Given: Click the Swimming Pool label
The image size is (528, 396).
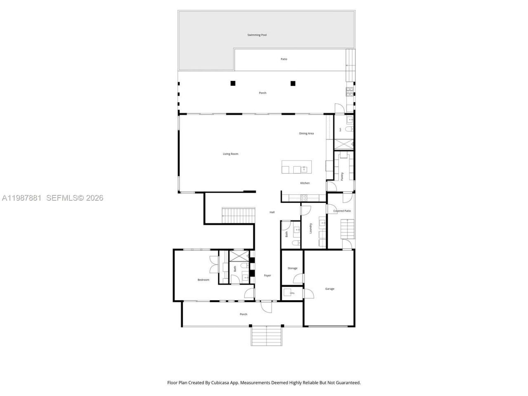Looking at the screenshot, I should pyautogui.click(x=257, y=35).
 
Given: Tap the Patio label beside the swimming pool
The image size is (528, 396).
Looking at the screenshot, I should pyautogui.click(x=284, y=59).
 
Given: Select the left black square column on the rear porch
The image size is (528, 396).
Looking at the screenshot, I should pyautogui.click(x=233, y=83).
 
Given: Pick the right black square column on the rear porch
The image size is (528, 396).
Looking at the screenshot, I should pyautogui.click(x=293, y=83).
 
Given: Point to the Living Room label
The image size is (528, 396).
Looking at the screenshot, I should pyautogui.click(x=231, y=154).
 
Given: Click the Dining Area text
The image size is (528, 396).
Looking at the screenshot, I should pyautogui.click(x=306, y=133).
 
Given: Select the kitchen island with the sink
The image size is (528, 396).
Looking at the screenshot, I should pyautogui.click(x=297, y=167).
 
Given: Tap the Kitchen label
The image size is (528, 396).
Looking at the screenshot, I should pyautogui.click(x=305, y=183).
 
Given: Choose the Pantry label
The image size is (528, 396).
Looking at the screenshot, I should pyautogui.click(x=342, y=176).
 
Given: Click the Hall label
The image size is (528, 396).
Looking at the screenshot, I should pyautogui.click(x=272, y=212).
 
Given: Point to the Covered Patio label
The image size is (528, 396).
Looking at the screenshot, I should pyautogui.click(x=342, y=211).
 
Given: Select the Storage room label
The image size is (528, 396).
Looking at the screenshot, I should pyautogui.click(x=292, y=268).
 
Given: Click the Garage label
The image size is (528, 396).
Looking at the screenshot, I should pyautogui.click(x=330, y=289).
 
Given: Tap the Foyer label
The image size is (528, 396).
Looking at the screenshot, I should pyautogui.click(x=267, y=275).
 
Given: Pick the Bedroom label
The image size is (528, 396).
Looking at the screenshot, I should pyautogui.click(x=203, y=280).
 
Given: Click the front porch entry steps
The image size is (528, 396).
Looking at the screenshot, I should pyautogui.click(x=266, y=335).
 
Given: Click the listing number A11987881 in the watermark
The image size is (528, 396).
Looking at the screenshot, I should pyautogui.click(x=21, y=198).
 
